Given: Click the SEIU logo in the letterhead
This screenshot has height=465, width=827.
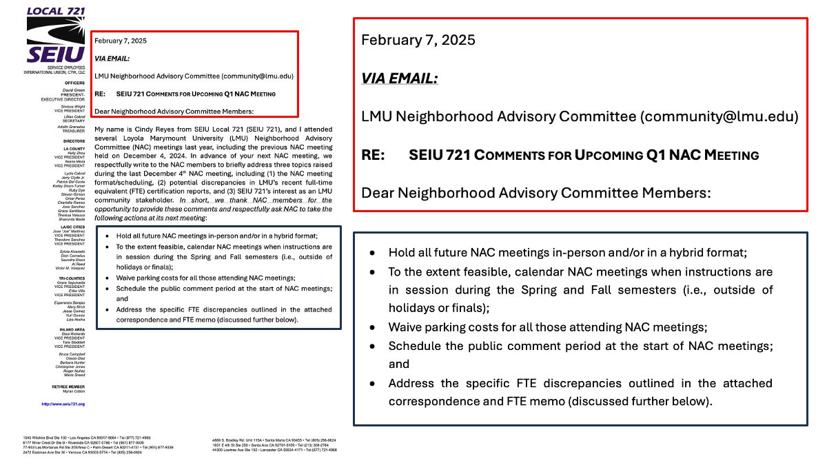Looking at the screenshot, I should (x=56, y=41).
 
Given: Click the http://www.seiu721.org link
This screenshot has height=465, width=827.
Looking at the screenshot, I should (x=63, y=404).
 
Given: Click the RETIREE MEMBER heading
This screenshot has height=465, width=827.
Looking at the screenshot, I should (x=69, y=386).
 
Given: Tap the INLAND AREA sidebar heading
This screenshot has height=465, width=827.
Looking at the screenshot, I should (x=72, y=329).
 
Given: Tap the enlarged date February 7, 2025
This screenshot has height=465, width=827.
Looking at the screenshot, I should (x=418, y=40).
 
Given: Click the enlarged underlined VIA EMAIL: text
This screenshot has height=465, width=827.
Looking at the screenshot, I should (x=400, y=79).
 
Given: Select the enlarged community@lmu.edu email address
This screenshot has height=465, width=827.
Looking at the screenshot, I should (x=719, y=116).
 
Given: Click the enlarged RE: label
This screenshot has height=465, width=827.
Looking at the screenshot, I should (x=373, y=155).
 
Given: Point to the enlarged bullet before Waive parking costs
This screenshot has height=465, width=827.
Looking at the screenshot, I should (x=373, y=327).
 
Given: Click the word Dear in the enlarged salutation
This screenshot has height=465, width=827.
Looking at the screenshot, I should (x=378, y=193).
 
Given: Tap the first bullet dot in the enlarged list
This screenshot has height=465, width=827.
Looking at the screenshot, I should (x=373, y=253).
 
